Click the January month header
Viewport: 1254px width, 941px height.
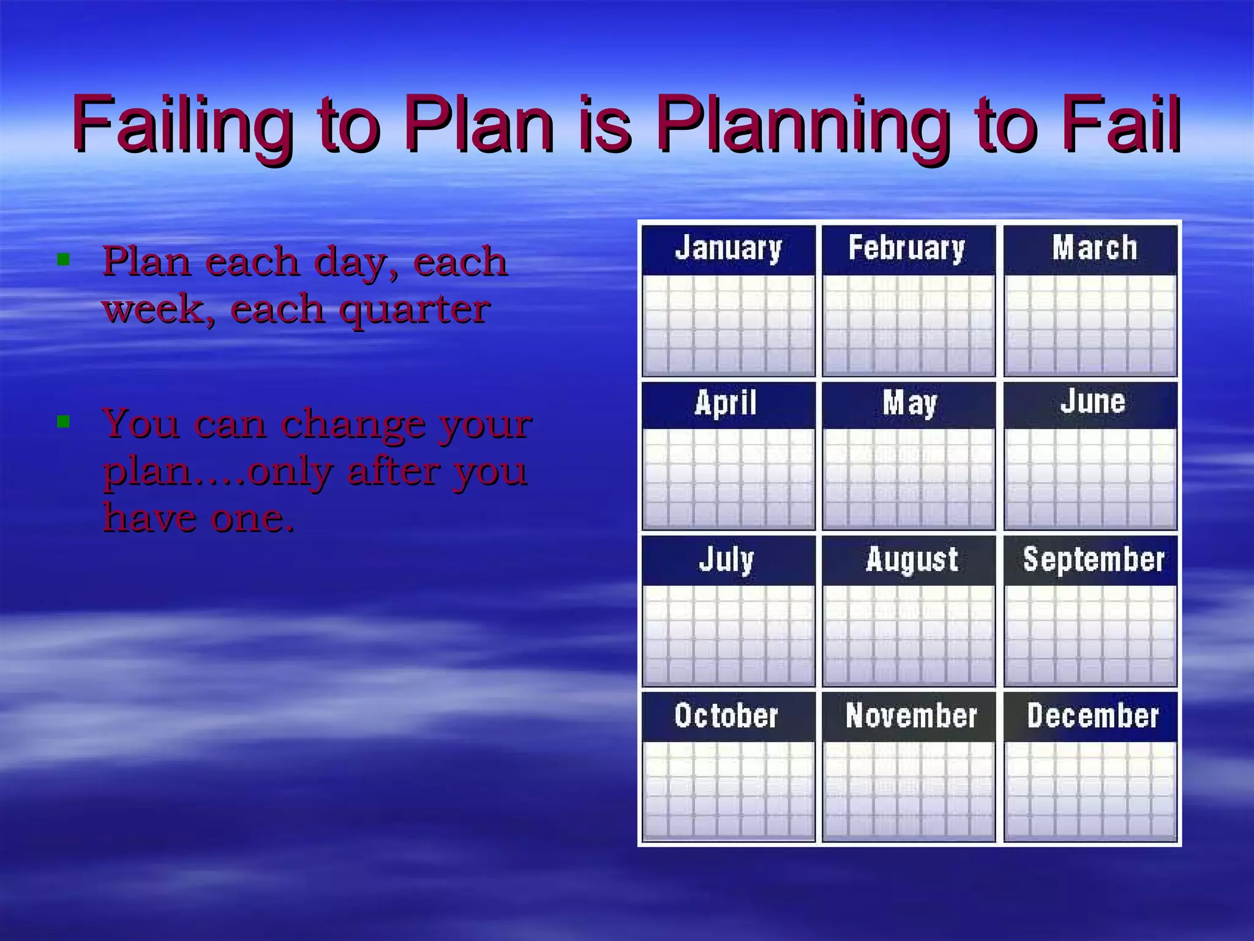tap(728, 248)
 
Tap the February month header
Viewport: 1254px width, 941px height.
tap(907, 248)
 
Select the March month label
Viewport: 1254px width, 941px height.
tap(1094, 248)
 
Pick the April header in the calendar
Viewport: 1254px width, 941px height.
tap(726, 403)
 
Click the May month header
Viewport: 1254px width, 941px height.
tap(910, 403)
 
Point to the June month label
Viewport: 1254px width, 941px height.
tap(1093, 401)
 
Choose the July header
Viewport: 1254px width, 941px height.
tap(726, 559)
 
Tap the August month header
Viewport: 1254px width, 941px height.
tap(912, 559)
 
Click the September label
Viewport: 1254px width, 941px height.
tap(1094, 559)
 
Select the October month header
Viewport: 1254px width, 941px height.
tap(726, 715)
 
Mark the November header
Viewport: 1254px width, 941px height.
tap(911, 715)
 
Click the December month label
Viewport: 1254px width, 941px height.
tap(1093, 715)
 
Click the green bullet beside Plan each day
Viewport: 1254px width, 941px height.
tap(62, 259)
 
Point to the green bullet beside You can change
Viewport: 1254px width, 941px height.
tap(62, 421)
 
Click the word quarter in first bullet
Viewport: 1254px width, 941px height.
tap(415, 309)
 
